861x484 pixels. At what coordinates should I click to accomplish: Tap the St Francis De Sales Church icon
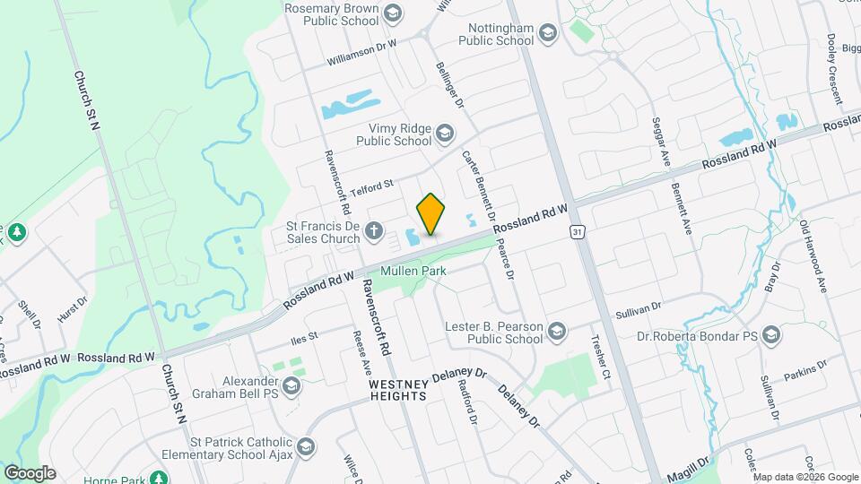tap(375, 234)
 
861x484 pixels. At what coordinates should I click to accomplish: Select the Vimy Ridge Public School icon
tap(445, 134)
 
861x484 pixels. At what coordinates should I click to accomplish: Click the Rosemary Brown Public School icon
tap(392, 13)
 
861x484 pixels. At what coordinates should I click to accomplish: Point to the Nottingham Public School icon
tap(548, 34)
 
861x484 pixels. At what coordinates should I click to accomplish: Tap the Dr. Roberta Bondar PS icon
tap(772, 337)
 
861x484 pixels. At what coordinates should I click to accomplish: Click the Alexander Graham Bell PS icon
tap(291, 386)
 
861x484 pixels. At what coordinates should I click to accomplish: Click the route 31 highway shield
tap(579, 232)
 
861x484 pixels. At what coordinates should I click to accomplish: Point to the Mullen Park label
tap(413, 270)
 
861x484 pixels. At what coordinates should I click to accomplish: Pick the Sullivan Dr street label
tap(638, 310)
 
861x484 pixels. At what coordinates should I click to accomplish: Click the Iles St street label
tap(305, 337)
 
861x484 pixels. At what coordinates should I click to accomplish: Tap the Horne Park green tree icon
tap(159, 477)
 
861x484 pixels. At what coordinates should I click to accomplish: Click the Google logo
tap(30, 472)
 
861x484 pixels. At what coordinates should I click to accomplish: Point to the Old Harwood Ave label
tap(813, 256)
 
